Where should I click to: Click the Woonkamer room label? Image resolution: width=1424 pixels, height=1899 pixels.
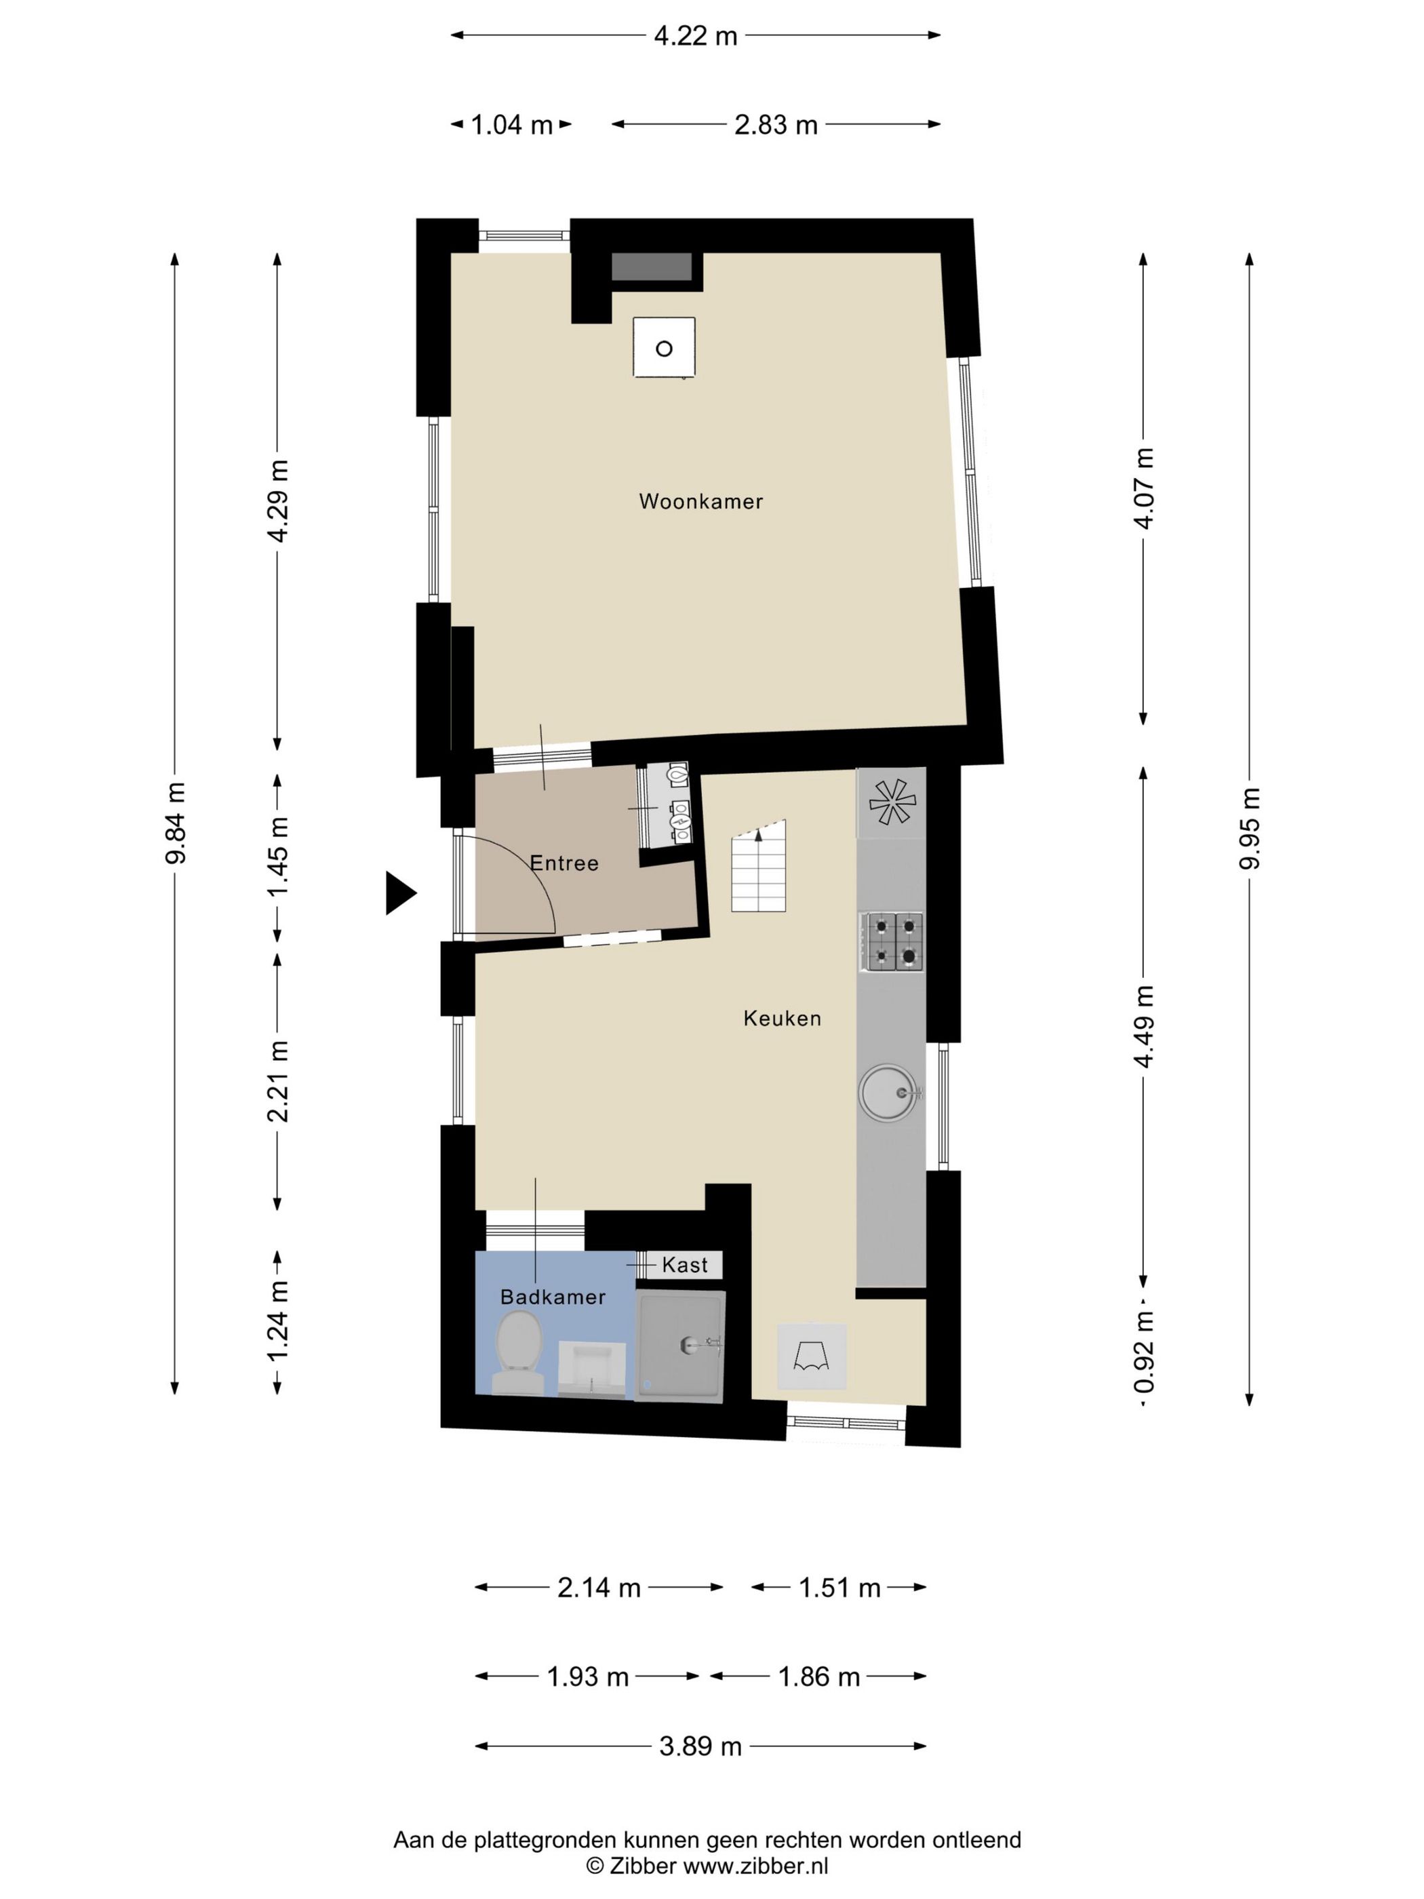[700, 501]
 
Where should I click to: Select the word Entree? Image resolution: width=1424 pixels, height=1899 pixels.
[564, 863]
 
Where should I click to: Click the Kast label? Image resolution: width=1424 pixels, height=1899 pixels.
[685, 1265]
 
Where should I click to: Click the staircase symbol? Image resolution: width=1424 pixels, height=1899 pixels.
[759, 865]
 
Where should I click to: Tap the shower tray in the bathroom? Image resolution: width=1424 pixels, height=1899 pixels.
[680, 1346]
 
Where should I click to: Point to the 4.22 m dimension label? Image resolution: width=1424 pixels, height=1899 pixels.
[695, 36]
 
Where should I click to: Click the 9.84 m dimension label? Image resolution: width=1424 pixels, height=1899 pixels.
[176, 823]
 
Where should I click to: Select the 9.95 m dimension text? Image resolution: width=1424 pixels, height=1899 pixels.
[1250, 829]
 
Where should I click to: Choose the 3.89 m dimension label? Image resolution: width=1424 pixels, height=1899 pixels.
[700, 1746]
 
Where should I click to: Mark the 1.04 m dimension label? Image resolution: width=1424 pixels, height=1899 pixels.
[511, 125]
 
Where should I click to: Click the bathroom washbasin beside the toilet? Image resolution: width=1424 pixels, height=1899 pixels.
[591, 1369]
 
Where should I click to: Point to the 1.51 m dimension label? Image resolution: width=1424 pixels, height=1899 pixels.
[839, 1588]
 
